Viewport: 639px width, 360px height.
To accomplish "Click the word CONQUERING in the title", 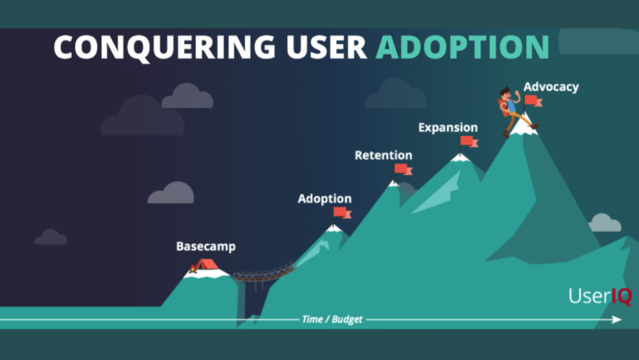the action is [x=165, y=47].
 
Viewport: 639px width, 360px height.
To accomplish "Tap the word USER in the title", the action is [x=327, y=47].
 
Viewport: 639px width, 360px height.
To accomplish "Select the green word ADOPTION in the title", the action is [x=463, y=47].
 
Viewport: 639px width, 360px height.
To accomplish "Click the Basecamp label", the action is [x=206, y=246].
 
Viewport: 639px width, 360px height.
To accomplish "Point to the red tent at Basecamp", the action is [x=206, y=265].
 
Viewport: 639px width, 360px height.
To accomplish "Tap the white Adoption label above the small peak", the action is [x=325, y=199].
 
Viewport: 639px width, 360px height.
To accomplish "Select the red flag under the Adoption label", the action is [x=342, y=212].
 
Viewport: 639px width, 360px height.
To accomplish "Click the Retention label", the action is [x=383, y=155].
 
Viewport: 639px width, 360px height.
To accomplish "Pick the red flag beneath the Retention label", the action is [x=403, y=169].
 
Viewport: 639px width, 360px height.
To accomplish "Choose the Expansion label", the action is [x=448, y=128].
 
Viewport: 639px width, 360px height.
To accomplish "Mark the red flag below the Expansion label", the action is [x=469, y=141].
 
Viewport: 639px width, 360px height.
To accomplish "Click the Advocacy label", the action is [x=551, y=87].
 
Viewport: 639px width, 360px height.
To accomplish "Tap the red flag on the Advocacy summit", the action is [x=533, y=100].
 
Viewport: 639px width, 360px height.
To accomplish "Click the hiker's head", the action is [x=505, y=95].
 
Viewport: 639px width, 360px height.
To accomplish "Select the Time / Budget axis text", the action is [x=332, y=319].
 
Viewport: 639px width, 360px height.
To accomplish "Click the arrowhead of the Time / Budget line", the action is [x=617, y=320].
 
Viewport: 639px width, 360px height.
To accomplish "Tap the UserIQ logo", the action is [x=600, y=295].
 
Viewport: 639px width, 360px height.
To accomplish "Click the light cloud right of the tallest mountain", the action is [x=604, y=223].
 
